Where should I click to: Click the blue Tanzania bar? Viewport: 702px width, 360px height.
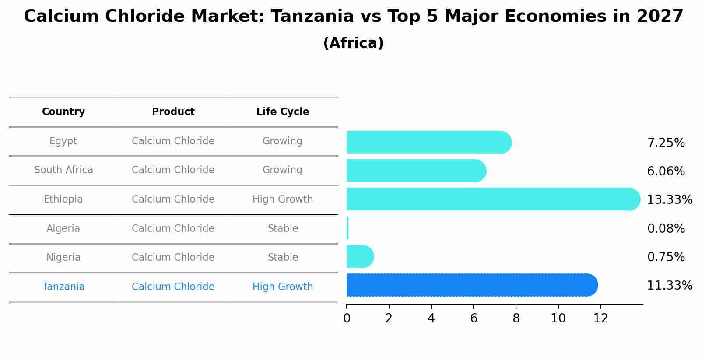(x=472, y=285)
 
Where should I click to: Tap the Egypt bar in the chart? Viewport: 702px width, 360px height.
(x=428, y=143)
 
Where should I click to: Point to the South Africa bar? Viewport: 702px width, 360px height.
(x=416, y=171)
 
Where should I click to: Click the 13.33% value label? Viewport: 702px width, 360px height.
(x=670, y=200)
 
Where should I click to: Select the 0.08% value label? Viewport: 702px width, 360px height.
(x=666, y=229)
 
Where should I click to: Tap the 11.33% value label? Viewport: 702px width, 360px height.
(x=670, y=286)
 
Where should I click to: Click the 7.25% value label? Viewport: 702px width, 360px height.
(x=666, y=143)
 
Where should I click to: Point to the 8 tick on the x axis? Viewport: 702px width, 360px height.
(x=516, y=318)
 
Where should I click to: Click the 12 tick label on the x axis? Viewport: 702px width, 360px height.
(x=600, y=318)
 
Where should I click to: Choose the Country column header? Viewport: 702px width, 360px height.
(x=63, y=112)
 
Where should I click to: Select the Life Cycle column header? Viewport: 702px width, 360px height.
(x=283, y=112)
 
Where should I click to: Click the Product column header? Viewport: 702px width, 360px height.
(x=173, y=112)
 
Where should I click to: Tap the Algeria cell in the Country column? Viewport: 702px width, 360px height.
(x=63, y=229)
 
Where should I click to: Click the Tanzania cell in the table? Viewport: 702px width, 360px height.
(x=63, y=287)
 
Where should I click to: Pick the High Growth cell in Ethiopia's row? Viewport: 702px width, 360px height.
(x=283, y=199)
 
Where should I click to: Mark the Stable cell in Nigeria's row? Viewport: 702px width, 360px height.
(x=283, y=258)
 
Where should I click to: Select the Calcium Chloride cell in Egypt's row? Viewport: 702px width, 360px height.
(x=173, y=141)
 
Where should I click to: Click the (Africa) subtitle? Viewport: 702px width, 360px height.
(x=353, y=43)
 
